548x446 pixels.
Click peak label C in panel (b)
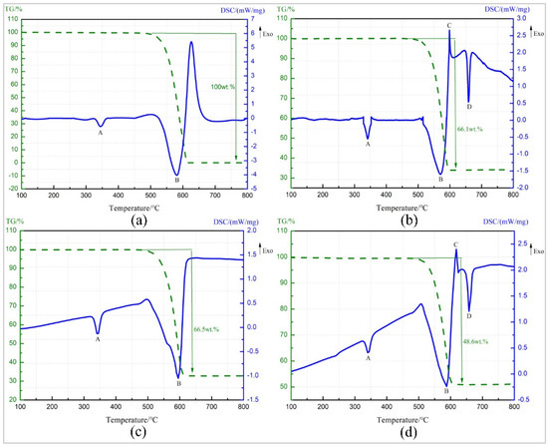coord(449,25)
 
